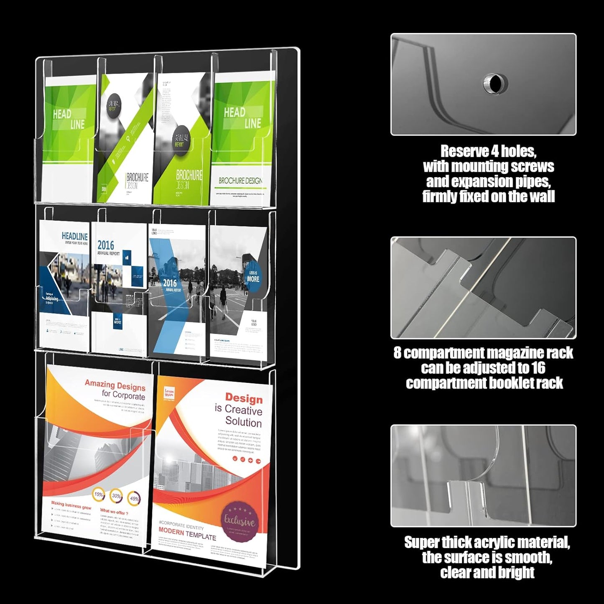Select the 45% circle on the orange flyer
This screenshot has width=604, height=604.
(135, 498)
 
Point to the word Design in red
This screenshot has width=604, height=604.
(244, 398)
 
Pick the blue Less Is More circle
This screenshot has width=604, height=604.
(252, 276)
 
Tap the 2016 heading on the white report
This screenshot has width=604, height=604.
(106, 245)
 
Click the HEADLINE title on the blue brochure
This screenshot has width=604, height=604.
(74, 237)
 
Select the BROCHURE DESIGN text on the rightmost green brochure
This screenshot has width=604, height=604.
(240, 181)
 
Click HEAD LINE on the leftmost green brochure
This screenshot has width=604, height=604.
(69, 119)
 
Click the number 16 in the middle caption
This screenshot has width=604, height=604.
(538, 368)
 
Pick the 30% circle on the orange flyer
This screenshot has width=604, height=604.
(116, 496)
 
